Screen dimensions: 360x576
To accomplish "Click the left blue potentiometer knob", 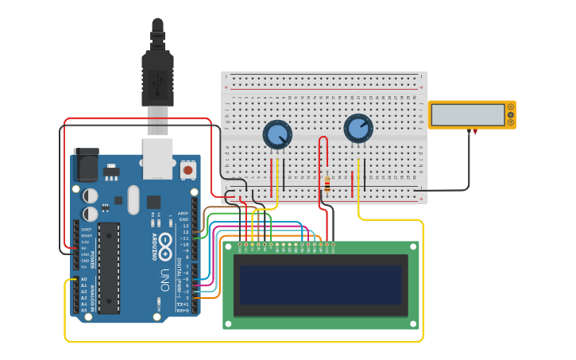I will tap(277, 134).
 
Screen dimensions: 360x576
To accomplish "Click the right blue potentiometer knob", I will tap(358, 128).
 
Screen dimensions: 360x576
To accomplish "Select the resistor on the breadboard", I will tap(327, 184).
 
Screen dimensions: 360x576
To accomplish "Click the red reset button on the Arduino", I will tap(188, 169).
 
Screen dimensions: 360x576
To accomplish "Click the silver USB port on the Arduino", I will tap(157, 158).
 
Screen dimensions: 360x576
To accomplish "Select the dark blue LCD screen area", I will tap(320, 285).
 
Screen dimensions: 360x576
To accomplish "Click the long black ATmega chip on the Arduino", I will tap(109, 267).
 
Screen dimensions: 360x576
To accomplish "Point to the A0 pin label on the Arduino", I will tap(83, 279).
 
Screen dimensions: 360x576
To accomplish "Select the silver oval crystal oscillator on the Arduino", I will tap(133, 199).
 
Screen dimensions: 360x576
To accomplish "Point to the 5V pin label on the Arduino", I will tap(83, 248).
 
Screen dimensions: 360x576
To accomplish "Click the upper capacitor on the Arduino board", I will tap(91, 195).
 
